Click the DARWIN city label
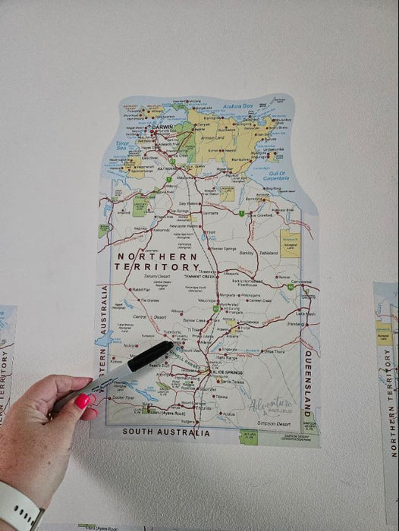162,127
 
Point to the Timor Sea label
124,145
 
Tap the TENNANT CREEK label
200,276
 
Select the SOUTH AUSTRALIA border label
167,433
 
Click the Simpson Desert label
275,423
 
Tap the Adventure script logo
271,406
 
